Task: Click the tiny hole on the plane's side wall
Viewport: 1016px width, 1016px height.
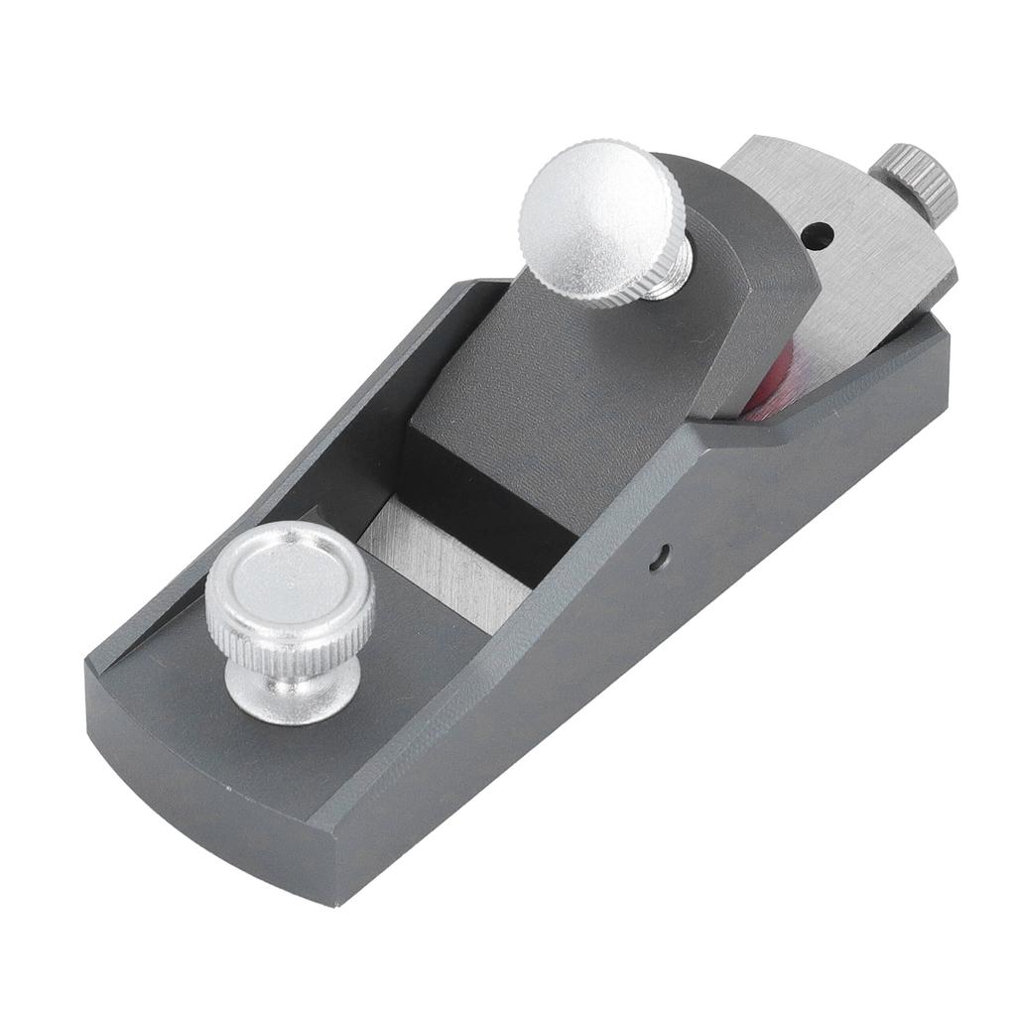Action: click(x=656, y=560)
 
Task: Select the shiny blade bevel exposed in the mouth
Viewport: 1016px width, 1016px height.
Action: click(x=446, y=571)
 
